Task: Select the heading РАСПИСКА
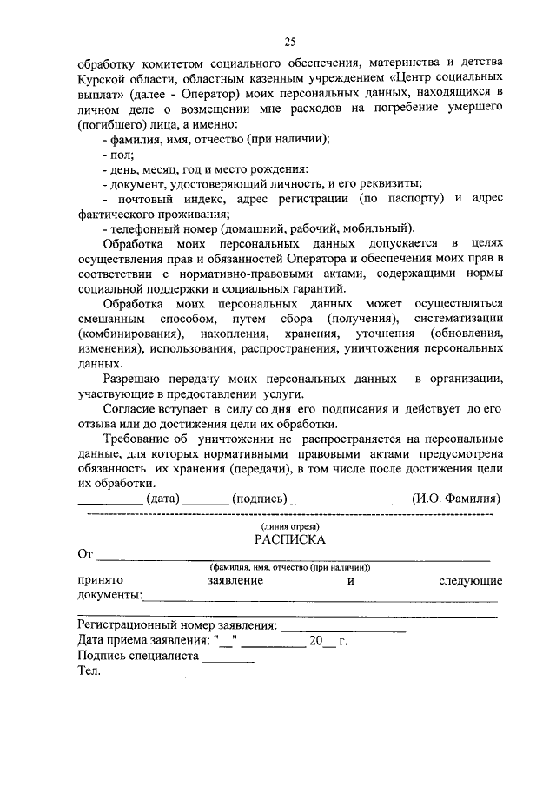[290, 539]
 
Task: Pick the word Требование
[139, 439]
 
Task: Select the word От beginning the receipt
[85, 554]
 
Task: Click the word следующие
[469, 579]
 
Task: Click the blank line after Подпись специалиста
[228, 658]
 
